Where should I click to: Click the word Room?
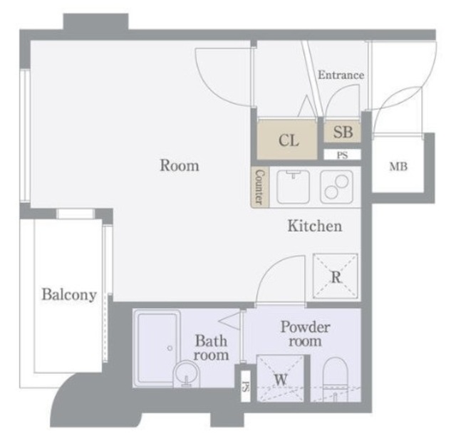180,165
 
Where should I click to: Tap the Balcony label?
69,295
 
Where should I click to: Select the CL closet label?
289,140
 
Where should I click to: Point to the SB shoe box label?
343,132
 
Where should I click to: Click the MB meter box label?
398,167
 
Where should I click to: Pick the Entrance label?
341,75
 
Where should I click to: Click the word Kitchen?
315,226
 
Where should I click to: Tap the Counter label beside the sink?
259,187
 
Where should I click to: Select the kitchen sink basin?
293,187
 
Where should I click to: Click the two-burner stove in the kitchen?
337,187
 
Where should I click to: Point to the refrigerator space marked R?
336,276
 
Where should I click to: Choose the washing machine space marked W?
280,378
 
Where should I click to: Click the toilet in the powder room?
336,379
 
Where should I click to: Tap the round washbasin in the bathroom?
187,374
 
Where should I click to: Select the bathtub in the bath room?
157,348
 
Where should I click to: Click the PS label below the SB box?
342,155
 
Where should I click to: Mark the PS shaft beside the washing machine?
246,387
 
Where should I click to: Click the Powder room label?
306,334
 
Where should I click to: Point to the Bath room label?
211,348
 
